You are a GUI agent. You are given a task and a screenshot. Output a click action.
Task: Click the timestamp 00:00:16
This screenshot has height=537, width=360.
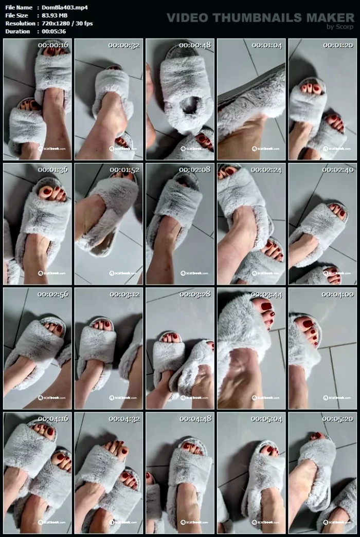(x=53, y=45)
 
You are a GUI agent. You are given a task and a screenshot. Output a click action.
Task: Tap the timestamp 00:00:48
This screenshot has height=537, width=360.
(x=195, y=45)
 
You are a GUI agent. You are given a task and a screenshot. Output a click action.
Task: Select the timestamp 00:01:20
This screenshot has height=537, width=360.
(x=338, y=45)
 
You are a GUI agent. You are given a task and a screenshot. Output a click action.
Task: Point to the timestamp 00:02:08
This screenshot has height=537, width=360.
(x=195, y=170)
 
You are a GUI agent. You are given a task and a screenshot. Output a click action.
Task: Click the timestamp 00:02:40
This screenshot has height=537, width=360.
(x=338, y=170)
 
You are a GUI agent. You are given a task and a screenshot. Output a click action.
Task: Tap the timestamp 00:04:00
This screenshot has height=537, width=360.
(x=338, y=294)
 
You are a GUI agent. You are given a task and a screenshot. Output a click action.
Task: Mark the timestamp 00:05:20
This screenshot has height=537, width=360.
(x=338, y=419)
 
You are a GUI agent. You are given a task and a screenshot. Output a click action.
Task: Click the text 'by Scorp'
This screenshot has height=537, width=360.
(x=340, y=27)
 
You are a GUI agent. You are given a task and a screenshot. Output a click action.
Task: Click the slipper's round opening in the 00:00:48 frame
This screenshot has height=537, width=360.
(x=189, y=105)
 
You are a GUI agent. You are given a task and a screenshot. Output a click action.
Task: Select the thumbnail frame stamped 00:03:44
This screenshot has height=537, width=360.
(x=251, y=348)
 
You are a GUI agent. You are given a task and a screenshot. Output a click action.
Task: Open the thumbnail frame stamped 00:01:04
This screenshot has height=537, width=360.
(x=251, y=99)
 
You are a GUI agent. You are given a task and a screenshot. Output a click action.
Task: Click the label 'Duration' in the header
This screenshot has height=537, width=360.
(x=17, y=31)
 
